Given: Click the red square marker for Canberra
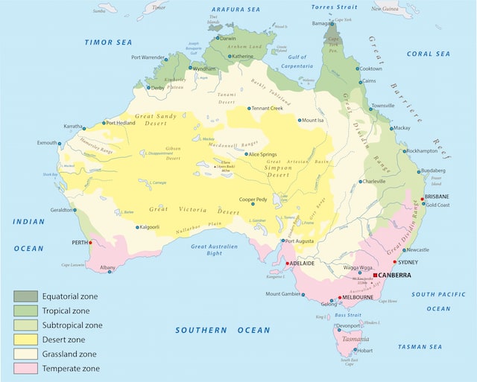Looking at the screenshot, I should [x=375, y=275].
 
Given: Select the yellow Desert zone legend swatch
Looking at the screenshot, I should [x=24, y=340].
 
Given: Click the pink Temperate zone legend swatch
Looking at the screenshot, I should [x=24, y=368].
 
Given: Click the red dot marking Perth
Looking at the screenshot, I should [x=91, y=243].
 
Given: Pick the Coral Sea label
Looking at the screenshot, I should [x=429, y=54].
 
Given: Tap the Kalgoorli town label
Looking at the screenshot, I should [x=154, y=227].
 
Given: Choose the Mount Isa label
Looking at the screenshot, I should [x=313, y=120].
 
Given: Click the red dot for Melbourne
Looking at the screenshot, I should [x=341, y=298].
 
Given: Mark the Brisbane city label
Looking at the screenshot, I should [x=436, y=197].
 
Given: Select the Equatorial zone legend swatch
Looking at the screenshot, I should [x=24, y=296].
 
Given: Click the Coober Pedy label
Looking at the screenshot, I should [x=253, y=200].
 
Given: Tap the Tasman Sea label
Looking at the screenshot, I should [x=420, y=347].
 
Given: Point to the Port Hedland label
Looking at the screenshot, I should [x=121, y=123].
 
